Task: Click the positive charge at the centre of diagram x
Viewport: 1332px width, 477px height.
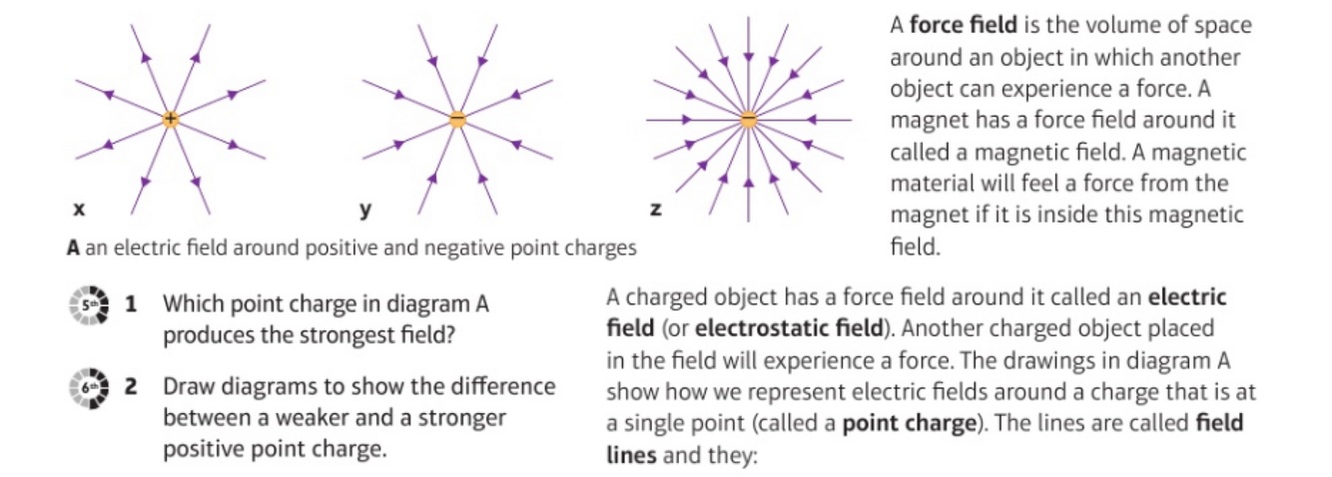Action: point(171,119)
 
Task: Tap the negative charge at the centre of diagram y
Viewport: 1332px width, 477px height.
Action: point(456,119)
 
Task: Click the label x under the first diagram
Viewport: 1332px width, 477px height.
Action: point(79,211)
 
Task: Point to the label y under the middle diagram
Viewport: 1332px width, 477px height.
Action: point(365,212)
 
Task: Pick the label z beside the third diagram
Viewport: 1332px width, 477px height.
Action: point(655,211)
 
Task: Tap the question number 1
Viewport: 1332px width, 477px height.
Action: point(130,304)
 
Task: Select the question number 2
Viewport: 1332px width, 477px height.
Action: point(130,385)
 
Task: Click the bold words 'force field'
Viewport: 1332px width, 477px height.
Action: point(955,24)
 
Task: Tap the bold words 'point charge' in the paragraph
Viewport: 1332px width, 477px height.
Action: point(907,422)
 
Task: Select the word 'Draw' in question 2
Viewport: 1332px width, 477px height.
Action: point(187,385)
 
